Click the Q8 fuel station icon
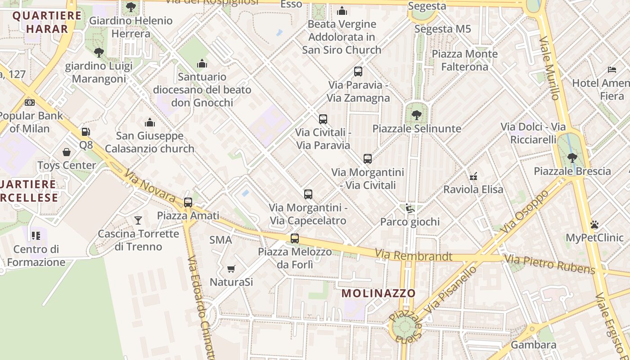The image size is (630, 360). [85, 132]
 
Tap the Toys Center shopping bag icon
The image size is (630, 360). [67, 152]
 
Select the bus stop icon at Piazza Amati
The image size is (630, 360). [188, 202]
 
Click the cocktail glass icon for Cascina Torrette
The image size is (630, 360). [138, 220]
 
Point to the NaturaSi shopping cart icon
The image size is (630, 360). [231, 269]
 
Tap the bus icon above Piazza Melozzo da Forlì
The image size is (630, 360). [295, 238]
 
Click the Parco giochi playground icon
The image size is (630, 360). [409, 208]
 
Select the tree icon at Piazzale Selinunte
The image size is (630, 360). [417, 115]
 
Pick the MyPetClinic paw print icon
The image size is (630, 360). [594, 225]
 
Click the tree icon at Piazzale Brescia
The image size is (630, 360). [572, 158]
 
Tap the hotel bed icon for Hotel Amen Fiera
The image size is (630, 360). [612, 70]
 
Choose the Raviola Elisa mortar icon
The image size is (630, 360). [473, 176]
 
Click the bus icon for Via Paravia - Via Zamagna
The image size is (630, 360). [358, 72]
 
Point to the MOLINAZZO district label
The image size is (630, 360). [378, 293]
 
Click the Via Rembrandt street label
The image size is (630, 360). [414, 256]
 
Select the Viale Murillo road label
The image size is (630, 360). [549, 67]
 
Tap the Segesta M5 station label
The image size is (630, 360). [442, 29]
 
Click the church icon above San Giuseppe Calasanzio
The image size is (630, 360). [150, 122]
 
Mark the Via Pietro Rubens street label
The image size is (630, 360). [549, 264]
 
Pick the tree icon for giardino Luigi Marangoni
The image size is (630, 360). [99, 53]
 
